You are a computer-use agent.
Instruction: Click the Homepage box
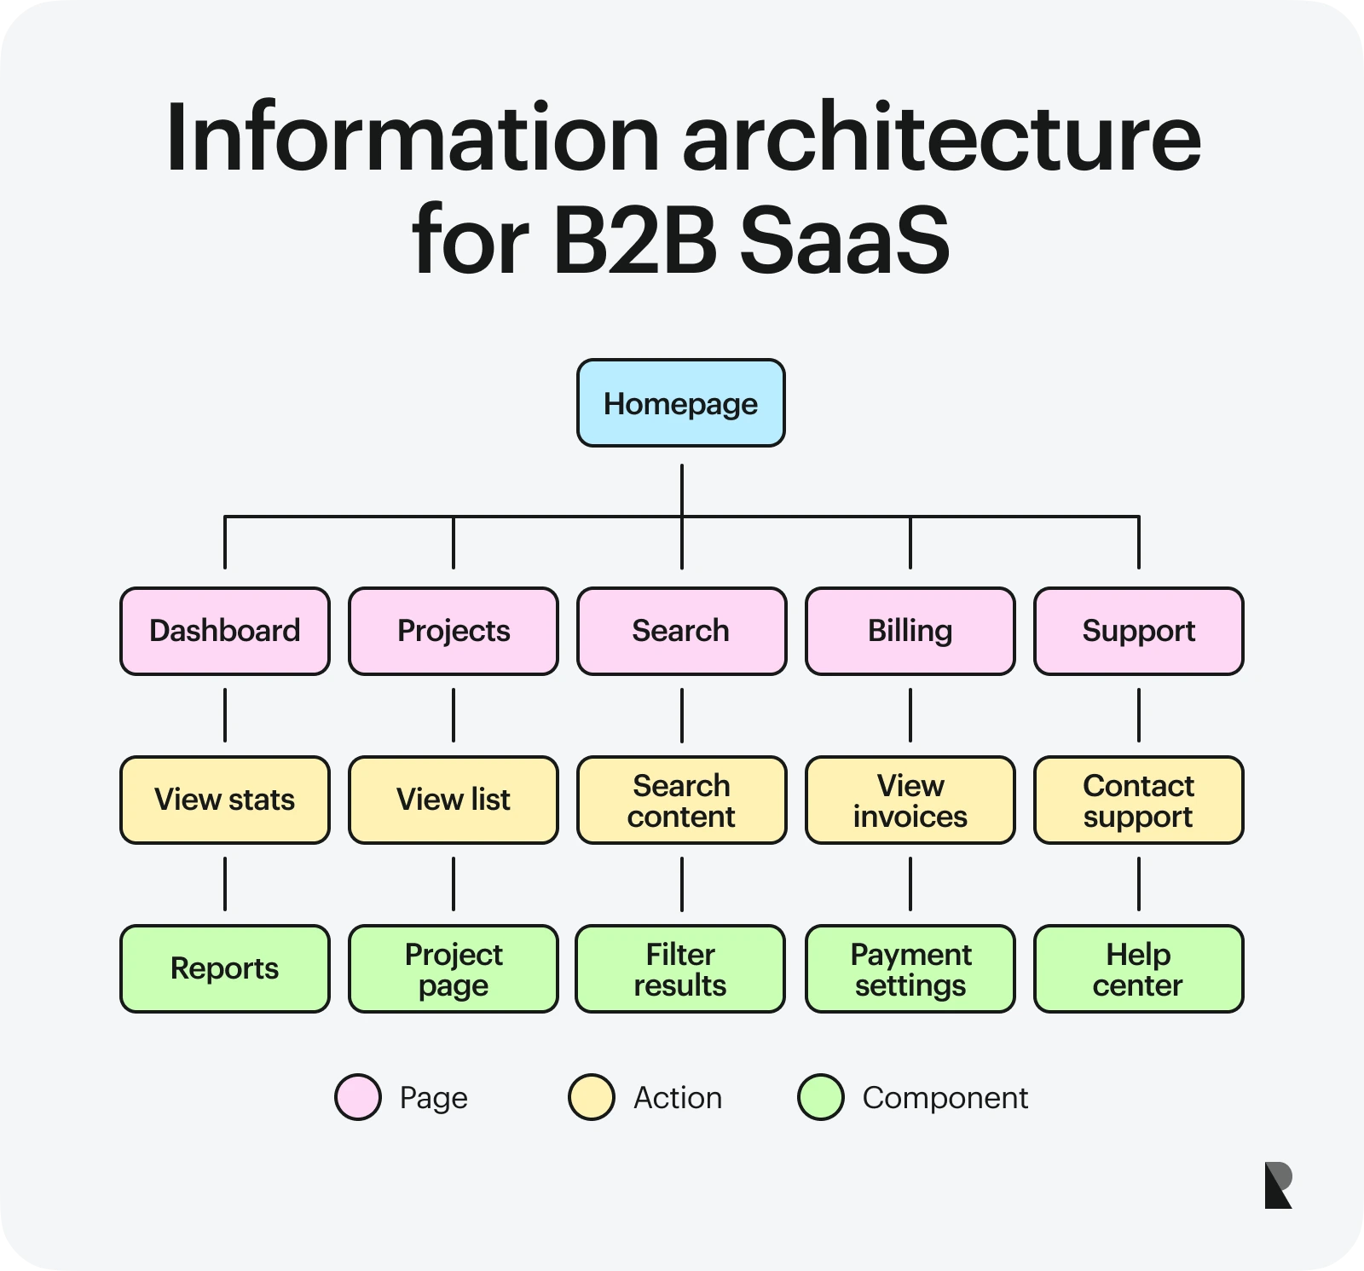[680, 403]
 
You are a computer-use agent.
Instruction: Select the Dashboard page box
[225, 631]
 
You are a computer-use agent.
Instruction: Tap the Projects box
[454, 631]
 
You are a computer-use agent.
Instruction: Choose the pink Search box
[681, 631]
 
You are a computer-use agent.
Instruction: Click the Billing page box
[910, 631]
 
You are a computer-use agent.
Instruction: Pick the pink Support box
[1138, 631]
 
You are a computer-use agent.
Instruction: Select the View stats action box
[225, 800]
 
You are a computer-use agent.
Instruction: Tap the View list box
[454, 800]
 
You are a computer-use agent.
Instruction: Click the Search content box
[681, 800]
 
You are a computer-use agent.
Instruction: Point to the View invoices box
[910, 800]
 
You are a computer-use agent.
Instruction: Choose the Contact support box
[1138, 800]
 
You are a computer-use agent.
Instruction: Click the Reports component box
[225, 968]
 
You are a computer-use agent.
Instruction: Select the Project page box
[454, 968]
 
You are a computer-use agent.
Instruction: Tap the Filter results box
[680, 968]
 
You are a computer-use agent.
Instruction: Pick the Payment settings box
[910, 968]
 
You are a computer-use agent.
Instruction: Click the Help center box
[1138, 968]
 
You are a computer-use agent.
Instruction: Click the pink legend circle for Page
[358, 1097]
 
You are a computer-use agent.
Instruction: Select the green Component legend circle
[821, 1097]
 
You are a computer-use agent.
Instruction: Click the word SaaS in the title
[844, 240]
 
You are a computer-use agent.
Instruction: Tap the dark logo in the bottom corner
[1278, 1185]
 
